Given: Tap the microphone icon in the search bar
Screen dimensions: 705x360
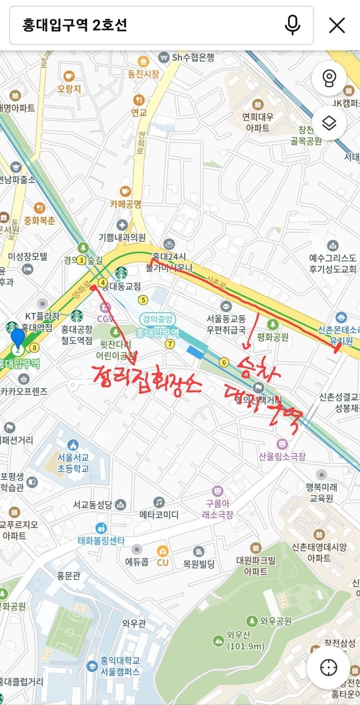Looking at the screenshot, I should (x=292, y=25).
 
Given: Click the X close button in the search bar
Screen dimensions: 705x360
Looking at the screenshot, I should (x=337, y=25).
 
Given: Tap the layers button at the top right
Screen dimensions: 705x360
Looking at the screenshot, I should (x=329, y=124).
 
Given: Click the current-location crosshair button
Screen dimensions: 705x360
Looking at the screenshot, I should (x=329, y=667).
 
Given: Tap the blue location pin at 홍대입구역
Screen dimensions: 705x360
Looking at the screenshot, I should (x=18, y=338).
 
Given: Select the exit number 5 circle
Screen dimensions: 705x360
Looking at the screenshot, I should (x=143, y=300).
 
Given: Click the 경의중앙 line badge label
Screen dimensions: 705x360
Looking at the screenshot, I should (x=158, y=319).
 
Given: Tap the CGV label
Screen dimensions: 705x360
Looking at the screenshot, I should (x=106, y=318).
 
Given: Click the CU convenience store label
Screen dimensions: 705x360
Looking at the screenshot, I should (x=163, y=562).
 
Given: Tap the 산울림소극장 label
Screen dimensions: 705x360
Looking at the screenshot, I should (x=282, y=457).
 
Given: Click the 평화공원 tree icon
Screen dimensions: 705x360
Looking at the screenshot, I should (x=272, y=324).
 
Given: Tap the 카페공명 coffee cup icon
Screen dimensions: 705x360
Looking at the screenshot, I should (x=125, y=191).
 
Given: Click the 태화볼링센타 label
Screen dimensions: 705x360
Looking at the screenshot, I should (x=101, y=540).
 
